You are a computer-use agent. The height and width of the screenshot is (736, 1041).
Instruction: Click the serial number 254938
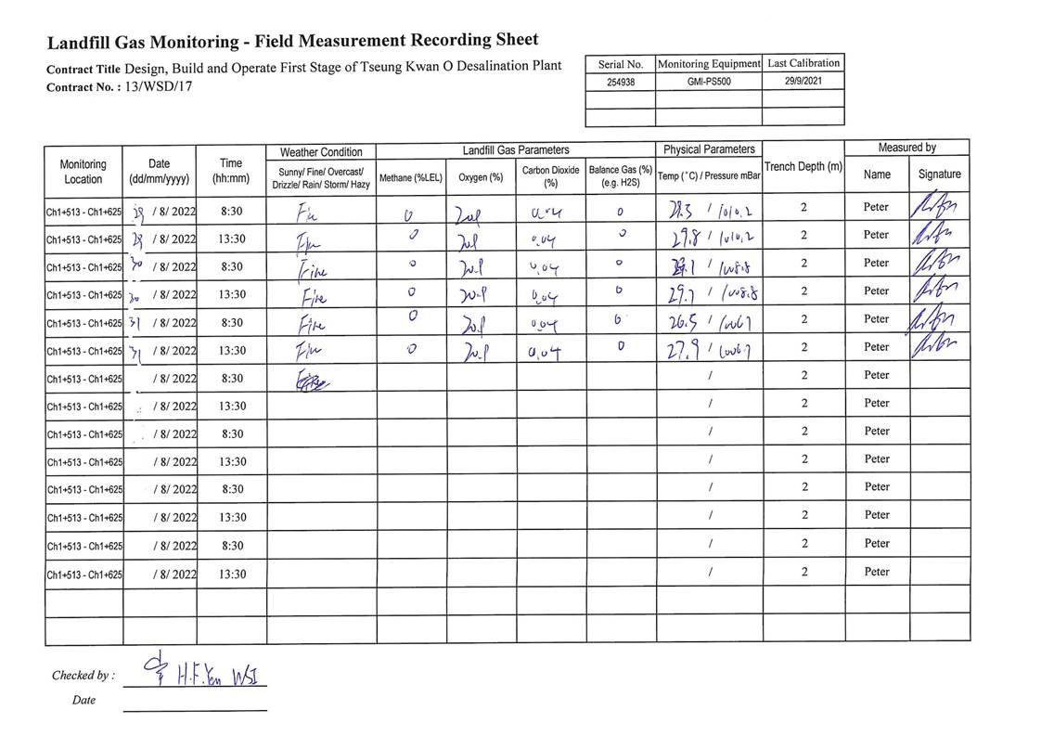click(x=620, y=81)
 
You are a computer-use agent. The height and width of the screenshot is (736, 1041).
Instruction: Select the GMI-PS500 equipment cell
click(x=708, y=81)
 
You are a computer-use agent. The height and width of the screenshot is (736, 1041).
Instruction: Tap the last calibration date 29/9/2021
click(x=803, y=81)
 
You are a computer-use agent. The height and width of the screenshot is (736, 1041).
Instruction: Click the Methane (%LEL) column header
click(x=411, y=177)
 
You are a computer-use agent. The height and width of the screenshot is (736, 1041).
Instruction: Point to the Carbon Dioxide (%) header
click(x=550, y=176)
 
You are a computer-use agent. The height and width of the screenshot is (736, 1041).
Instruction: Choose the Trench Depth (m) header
click(x=803, y=167)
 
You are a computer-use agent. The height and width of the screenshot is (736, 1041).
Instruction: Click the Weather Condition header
click(x=321, y=151)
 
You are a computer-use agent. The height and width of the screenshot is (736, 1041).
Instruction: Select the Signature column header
click(x=939, y=174)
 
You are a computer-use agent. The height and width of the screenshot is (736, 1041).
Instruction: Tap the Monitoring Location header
click(x=84, y=172)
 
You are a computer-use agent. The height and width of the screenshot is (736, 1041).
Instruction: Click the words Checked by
click(x=83, y=676)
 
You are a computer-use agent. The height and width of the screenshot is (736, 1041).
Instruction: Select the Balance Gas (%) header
click(x=621, y=176)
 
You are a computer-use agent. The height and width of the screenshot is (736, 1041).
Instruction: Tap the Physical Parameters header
click(x=709, y=149)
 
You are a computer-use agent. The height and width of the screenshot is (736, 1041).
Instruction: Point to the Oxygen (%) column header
click(x=481, y=177)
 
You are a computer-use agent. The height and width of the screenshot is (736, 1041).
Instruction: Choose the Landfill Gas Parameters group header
click(x=516, y=149)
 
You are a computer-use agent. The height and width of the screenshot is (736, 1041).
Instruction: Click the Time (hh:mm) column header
click(x=231, y=171)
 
